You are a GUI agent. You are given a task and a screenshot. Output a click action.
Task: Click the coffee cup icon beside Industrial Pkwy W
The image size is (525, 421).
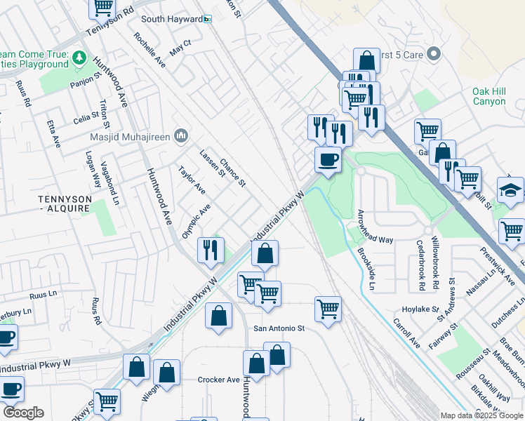click(x=328, y=160)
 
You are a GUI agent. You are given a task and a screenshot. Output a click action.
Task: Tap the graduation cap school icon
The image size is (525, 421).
click(x=510, y=189)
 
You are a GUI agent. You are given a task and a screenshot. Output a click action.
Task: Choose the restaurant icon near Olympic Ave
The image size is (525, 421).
click(x=211, y=249)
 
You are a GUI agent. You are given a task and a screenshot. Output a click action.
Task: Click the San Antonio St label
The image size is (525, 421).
click(x=279, y=328)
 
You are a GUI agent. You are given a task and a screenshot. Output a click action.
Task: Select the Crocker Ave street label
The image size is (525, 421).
click(x=219, y=380)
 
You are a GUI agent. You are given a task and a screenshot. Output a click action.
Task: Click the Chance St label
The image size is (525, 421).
click(x=232, y=172)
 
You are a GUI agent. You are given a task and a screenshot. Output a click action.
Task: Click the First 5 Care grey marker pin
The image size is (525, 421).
click(x=433, y=53)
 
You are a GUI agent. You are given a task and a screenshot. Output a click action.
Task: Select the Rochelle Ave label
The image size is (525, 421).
click(x=149, y=51)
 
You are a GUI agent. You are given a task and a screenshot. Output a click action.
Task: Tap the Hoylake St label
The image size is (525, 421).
click(x=420, y=309)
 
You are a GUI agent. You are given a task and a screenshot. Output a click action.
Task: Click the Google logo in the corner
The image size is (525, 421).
click(x=22, y=413)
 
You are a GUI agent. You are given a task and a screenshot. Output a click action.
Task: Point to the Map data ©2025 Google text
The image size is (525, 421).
click(x=481, y=415)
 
